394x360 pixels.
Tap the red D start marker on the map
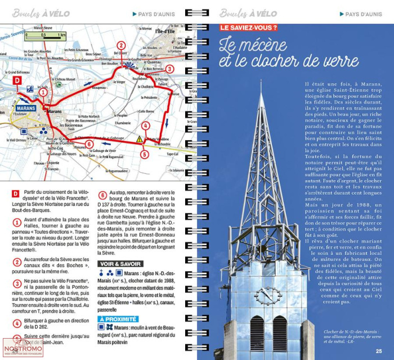coord(16,80)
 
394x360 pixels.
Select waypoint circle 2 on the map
coord(120,46)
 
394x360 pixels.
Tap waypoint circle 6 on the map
coord(89,143)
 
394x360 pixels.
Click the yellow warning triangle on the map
coord(139,138)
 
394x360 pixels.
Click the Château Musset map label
coord(65,80)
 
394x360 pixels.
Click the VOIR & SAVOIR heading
coord(121,263)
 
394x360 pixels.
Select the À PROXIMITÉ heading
coord(118,319)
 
